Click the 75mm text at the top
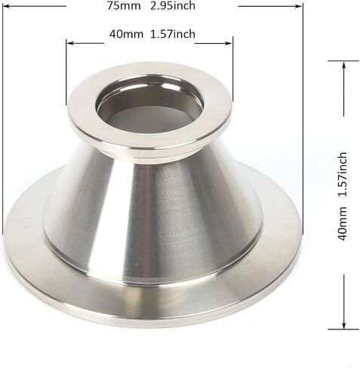124,5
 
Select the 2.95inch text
173,5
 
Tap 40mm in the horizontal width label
126,34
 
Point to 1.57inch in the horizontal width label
173,34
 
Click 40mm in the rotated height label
343,223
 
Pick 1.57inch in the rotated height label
343,174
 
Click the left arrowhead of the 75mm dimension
6,6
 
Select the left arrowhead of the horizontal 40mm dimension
69,43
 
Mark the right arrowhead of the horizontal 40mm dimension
229,43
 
